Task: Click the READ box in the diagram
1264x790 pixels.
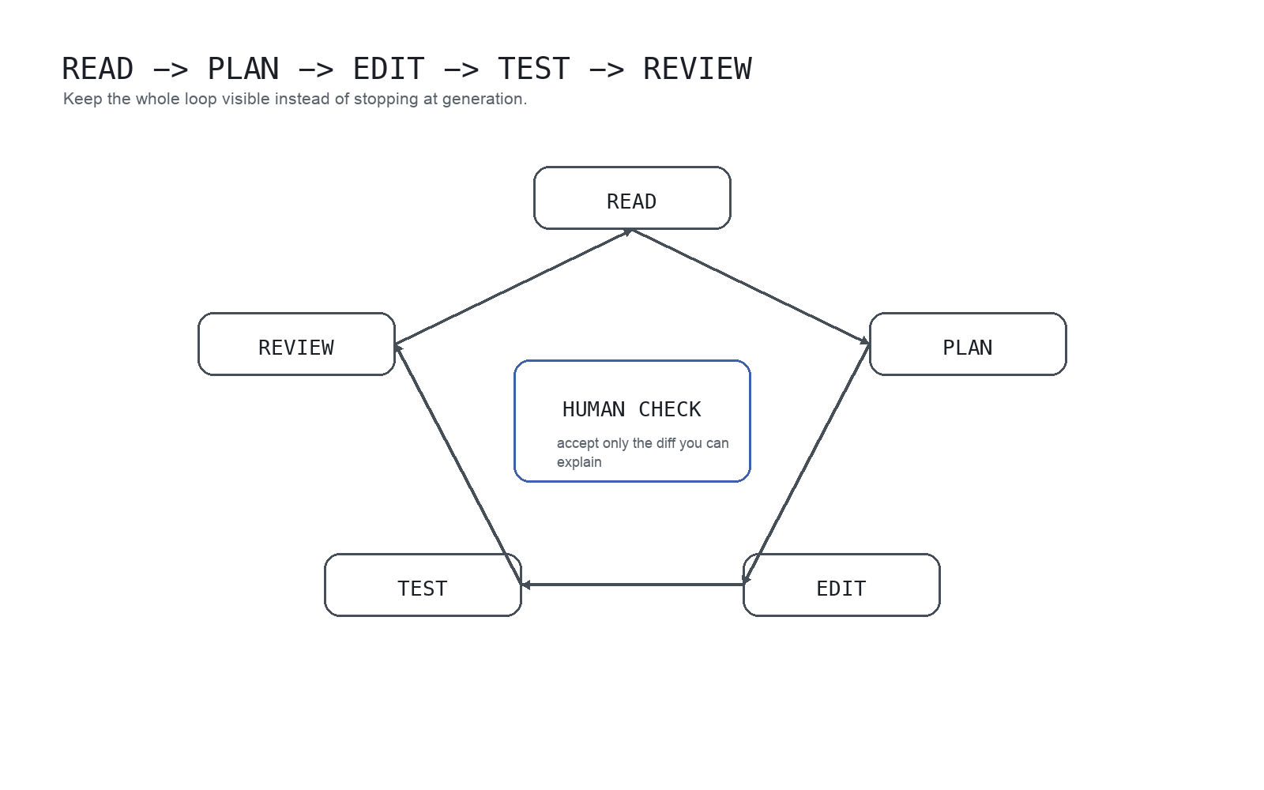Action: point(632,198)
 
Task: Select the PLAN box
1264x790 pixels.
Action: point(968,344)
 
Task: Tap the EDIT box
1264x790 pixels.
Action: point(841,585)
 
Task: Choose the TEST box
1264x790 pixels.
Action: point(423,585)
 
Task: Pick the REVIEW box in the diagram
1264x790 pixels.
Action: point(296,344)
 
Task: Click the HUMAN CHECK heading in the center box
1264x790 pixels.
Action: point(631,409)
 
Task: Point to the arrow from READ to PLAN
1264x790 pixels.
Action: point(750,287)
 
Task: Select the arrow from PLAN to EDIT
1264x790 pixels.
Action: point(807,465)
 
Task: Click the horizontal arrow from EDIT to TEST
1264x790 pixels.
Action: point(632,585)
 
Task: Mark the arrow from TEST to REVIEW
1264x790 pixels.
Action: point(458,465)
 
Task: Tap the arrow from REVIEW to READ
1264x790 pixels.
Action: point(513,287)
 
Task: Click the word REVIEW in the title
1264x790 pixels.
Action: point(697,70)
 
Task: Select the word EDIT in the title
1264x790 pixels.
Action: point(389,70)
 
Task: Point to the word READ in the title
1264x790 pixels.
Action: point(98,70)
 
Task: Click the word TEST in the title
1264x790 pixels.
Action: point(534,70)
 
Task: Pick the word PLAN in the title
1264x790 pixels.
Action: point(243,70)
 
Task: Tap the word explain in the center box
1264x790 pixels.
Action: point(579,462)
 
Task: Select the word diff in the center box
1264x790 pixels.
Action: point(665,443)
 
